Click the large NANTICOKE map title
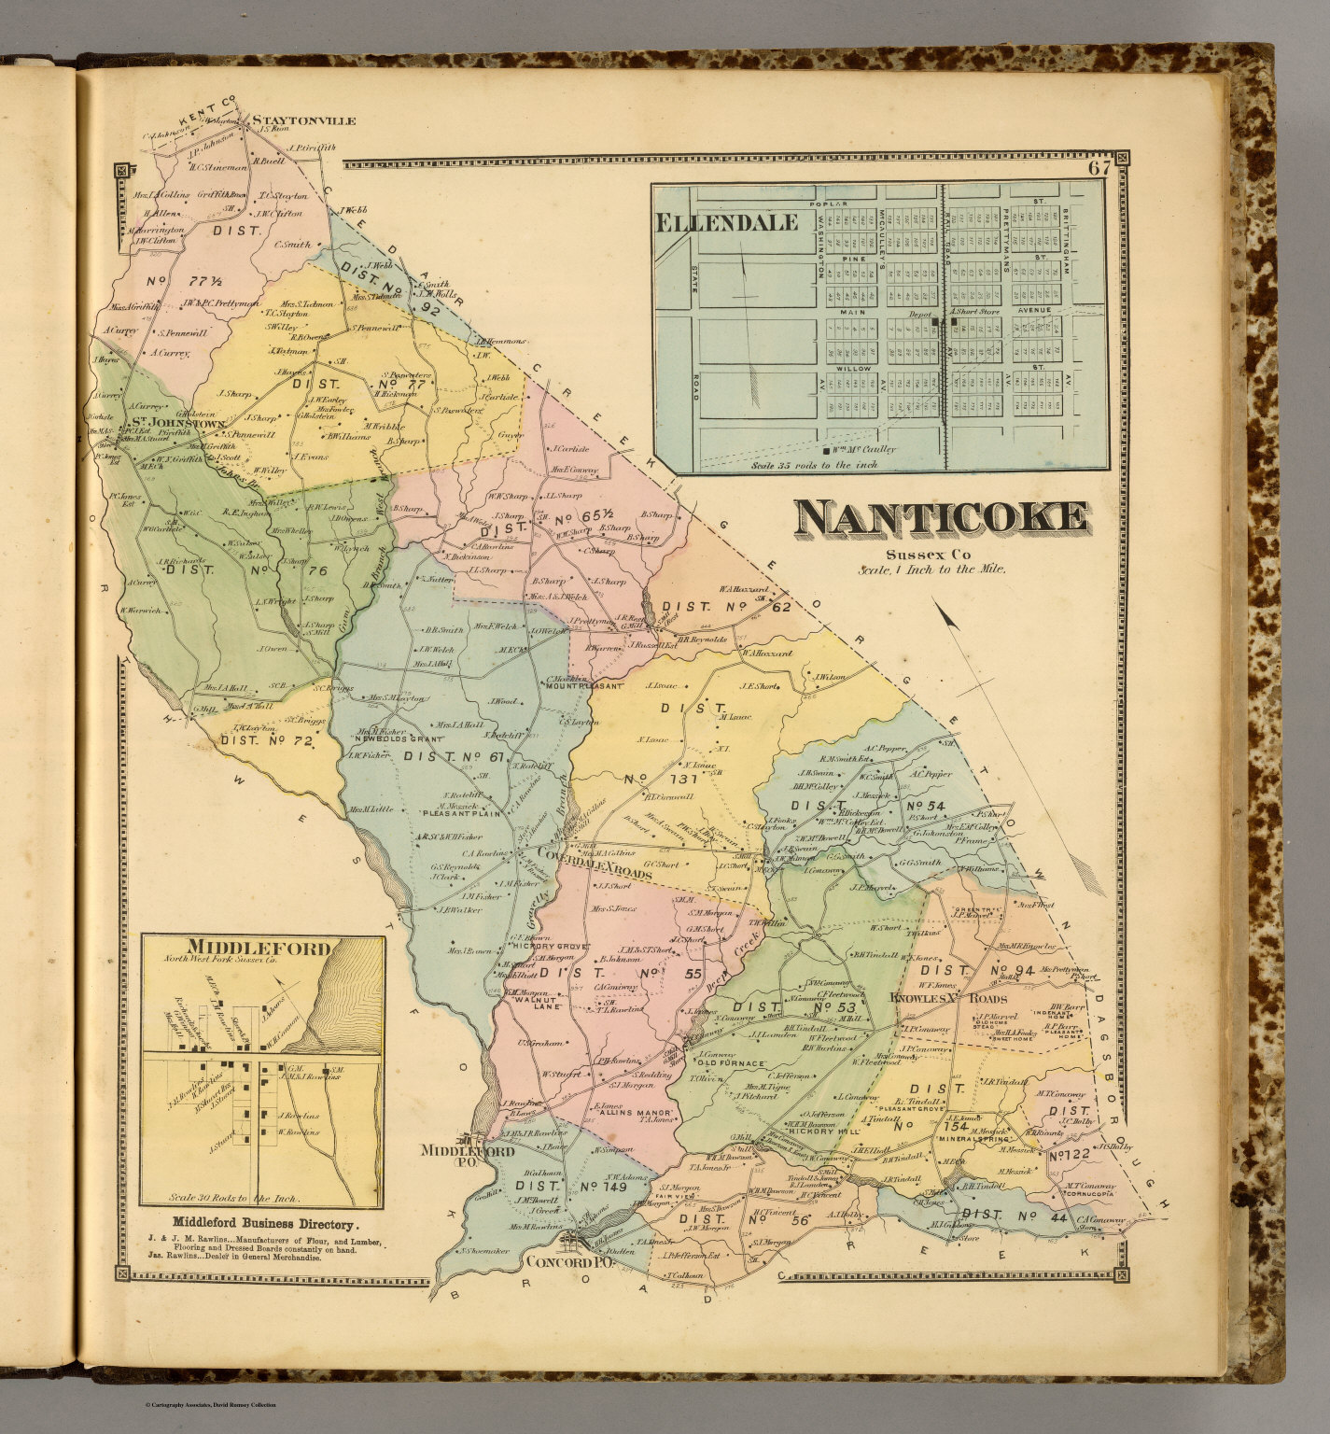(942, 521)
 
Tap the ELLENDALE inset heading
(727, 222)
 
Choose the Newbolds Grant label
(388, 739)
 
